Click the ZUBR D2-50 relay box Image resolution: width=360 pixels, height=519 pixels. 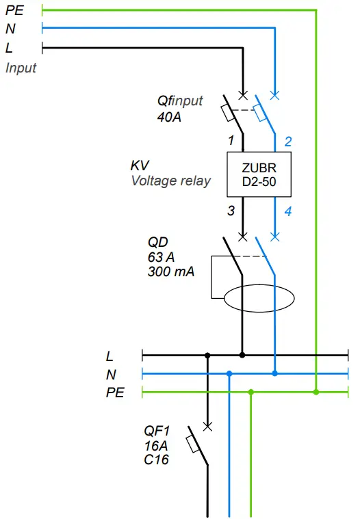point(259,174)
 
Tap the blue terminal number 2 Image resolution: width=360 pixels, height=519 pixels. point(288,142)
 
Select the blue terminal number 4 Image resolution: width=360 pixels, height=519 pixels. point(288,211)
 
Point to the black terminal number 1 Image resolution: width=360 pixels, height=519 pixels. point(231,141)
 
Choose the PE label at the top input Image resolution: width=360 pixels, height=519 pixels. point(14,10)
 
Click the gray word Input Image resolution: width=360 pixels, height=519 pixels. point(21,68)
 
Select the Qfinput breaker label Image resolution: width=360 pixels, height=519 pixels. point(180,101)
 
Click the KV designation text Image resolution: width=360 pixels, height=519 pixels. point(140,166)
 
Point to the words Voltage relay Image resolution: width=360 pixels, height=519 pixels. point(170,181)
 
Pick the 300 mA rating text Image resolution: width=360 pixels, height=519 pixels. point(171,271)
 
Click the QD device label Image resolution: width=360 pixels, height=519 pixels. point(157,242)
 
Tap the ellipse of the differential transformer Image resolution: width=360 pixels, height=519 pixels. point(260,298)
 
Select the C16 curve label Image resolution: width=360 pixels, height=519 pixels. point(156,460)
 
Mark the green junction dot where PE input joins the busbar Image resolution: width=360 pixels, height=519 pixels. point(316,392)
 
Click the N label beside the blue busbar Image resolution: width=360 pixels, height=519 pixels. point(111,375)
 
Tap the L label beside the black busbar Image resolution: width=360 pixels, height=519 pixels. point(110,356)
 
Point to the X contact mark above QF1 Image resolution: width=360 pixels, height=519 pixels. point(208,426)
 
